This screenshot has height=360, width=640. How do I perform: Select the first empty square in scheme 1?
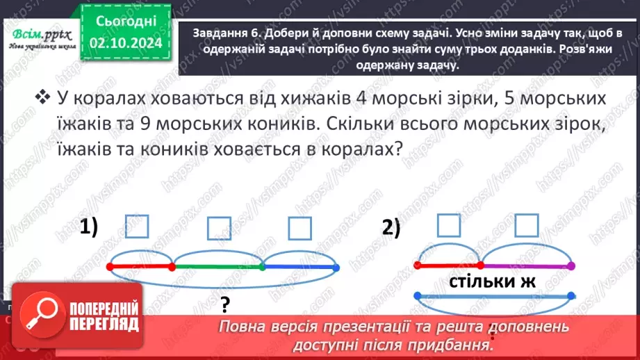point(138,227)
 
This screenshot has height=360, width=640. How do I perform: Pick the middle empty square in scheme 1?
point(219,227)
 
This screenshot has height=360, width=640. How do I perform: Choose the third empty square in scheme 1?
point(300,227)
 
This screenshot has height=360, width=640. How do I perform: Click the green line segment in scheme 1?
point(218,265)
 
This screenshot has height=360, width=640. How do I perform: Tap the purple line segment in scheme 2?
point(527,265)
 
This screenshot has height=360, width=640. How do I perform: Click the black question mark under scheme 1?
point(225,303)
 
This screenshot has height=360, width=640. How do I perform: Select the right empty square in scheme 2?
point(527,225)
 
